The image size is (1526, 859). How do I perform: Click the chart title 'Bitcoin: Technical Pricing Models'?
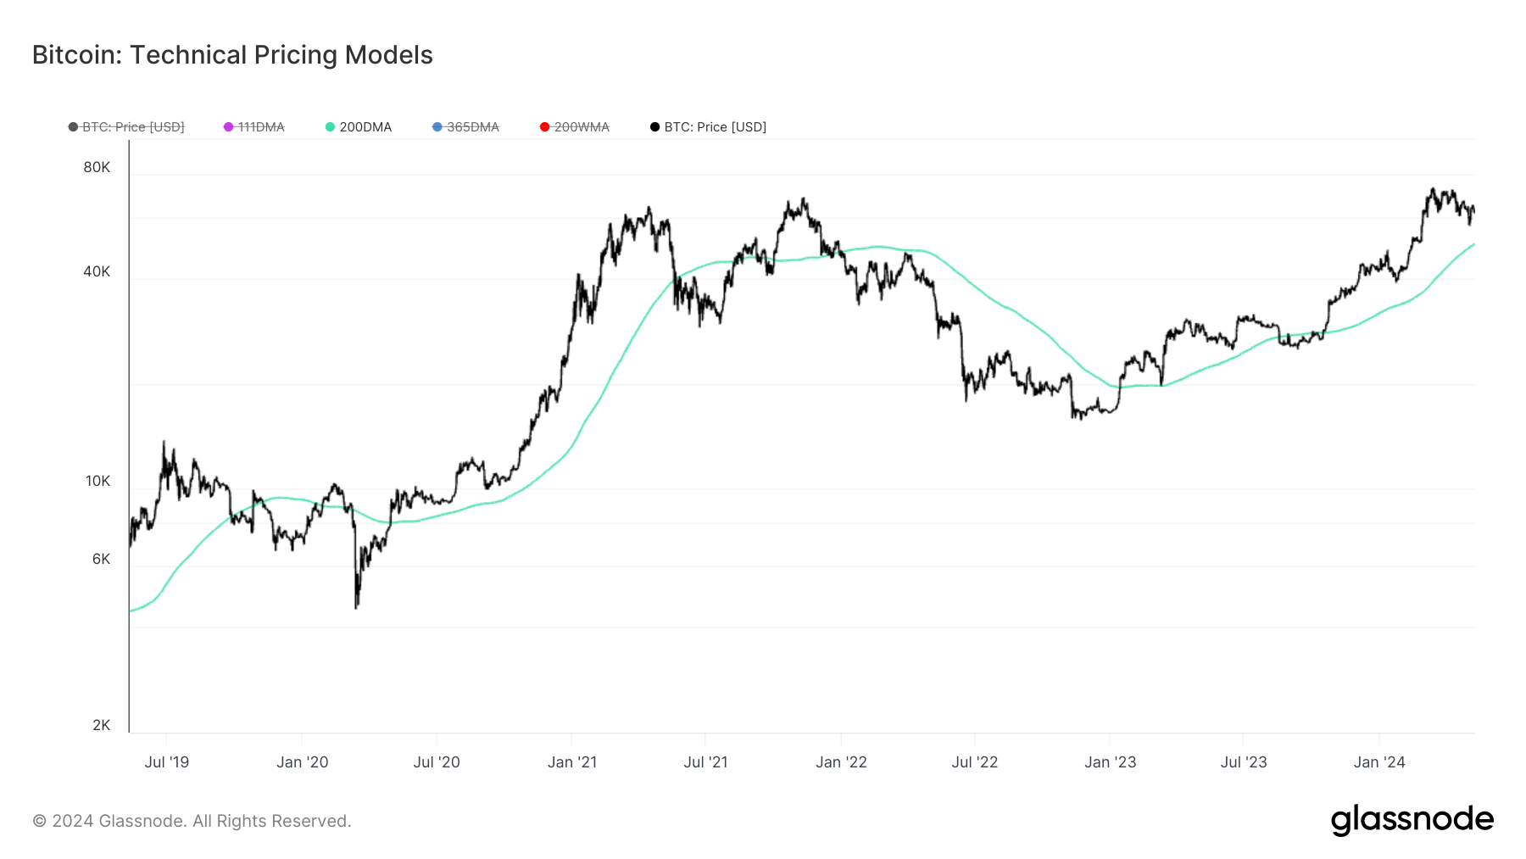(232, 55)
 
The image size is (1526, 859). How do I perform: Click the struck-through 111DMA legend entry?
(254, 127)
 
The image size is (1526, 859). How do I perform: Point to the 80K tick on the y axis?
(97, 168)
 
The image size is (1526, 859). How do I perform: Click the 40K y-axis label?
(97, 272)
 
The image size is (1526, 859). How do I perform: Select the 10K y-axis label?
(97, 482)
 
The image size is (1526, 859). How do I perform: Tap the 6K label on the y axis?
(101, 559)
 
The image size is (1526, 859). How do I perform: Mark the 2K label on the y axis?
(101, 725)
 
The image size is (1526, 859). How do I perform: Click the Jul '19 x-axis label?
(167, 762)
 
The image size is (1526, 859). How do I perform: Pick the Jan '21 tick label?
(572, 762)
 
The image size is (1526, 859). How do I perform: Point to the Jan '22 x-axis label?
(841, 762)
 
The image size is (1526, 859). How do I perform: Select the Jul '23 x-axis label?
(1244, 762)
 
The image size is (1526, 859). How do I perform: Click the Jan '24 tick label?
(1379, 762)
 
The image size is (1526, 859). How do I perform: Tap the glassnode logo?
(1412, 820)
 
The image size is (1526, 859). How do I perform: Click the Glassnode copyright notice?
(192, 821)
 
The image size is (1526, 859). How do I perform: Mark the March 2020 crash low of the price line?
(356, 607)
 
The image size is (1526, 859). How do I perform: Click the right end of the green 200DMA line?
(1473, 244)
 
